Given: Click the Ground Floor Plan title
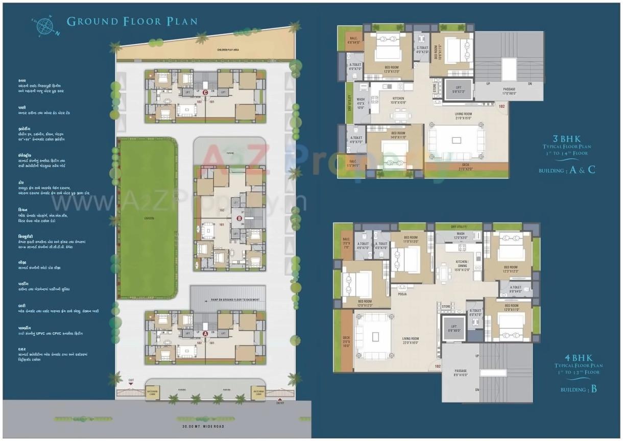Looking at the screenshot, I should click(x=132, y=21).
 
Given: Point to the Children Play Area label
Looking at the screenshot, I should click(x=228, y=50).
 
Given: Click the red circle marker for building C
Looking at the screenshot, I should click(x=205, y=92).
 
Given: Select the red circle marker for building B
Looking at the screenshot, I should click(x=239, y=218).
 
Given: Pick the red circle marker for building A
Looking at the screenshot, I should click(x=205, y=333).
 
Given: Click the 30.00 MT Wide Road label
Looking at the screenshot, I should click(x=203, y=426).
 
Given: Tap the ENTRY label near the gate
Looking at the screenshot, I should click(x=280, y=403).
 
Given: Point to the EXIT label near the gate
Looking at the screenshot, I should click(x=131, y=380).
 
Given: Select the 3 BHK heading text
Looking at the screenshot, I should click(x=566, y=138).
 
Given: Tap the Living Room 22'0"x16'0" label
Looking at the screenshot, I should click(x=410, y=340).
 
